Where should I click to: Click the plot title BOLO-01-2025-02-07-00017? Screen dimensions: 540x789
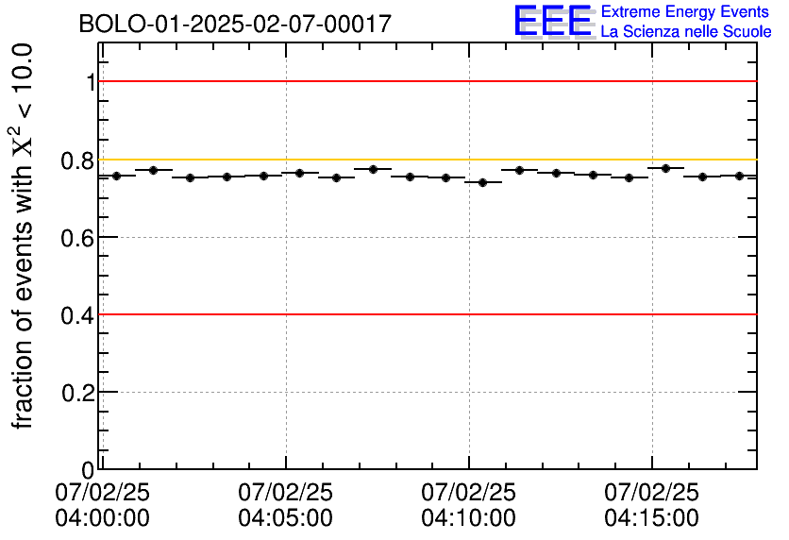tap(235, 25)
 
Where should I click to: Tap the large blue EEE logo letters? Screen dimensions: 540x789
tap(553, 22)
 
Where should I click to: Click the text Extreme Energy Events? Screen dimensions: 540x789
tap(685, 11)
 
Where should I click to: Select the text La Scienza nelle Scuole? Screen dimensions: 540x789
tap(685, 32)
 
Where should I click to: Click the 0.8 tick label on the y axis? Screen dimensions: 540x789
tap(77, 160)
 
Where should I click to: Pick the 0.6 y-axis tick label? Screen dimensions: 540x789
tap(77, 237)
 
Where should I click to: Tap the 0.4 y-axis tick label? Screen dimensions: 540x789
tap(77, 314)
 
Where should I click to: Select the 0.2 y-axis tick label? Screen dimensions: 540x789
tap(77, 392)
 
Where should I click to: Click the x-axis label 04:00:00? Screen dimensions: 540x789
tap(103, 518)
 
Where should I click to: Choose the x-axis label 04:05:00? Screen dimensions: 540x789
tap(286, 518)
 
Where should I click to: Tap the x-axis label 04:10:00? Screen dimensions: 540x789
tap(469, 518)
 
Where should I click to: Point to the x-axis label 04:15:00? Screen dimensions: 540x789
tap(652, 518)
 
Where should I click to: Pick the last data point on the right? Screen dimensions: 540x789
tap(739, 176)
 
